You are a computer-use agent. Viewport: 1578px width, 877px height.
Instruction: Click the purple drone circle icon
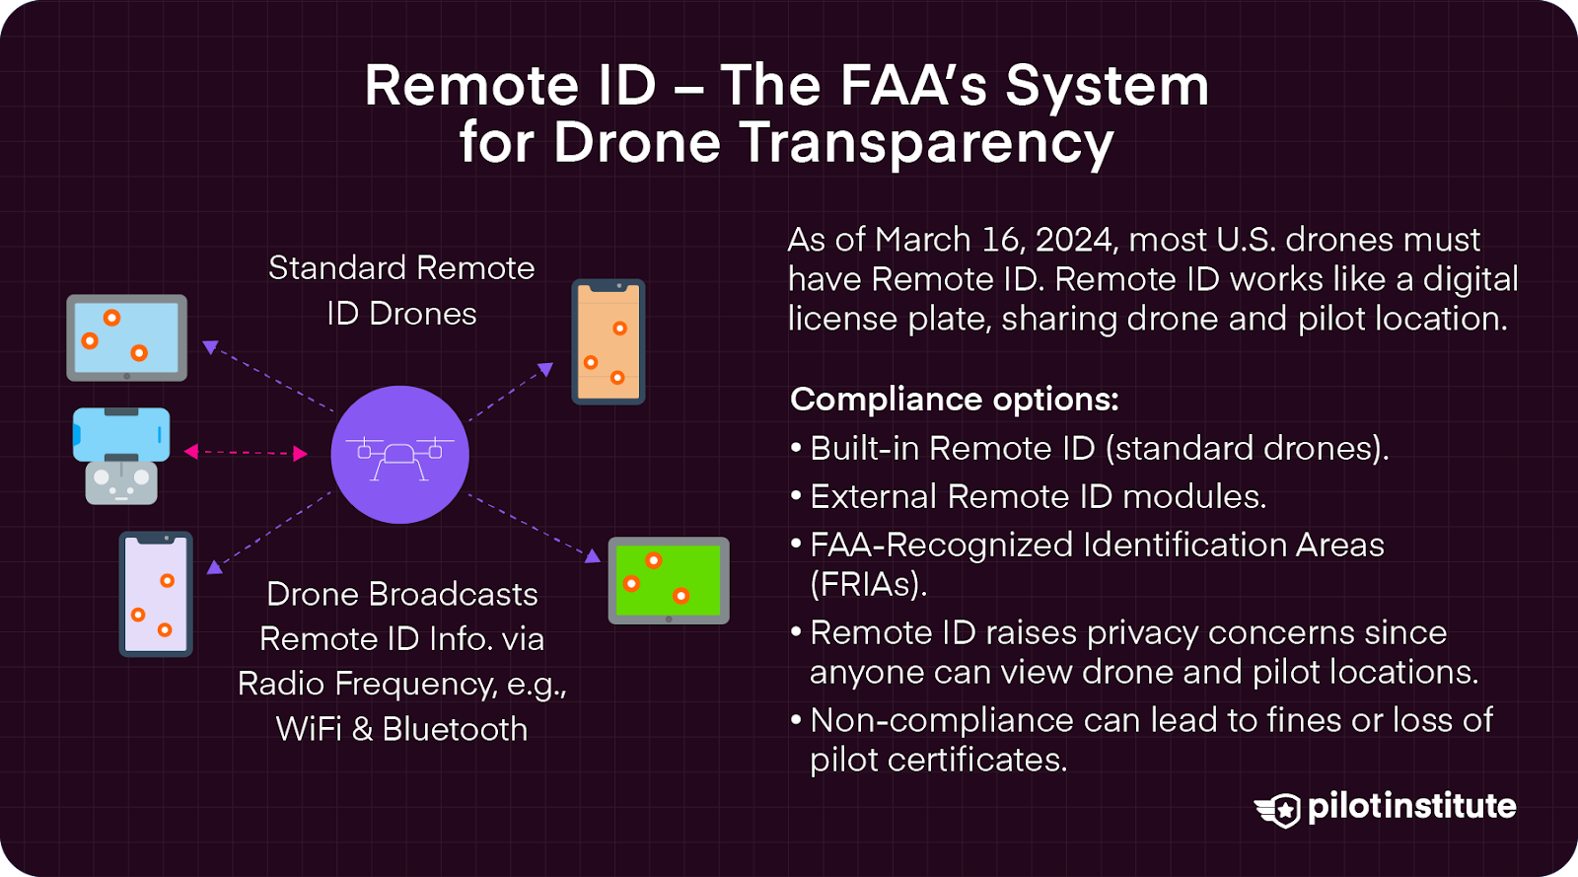tap(399, 454)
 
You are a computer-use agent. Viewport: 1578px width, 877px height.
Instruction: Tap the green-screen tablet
tap(669, 580)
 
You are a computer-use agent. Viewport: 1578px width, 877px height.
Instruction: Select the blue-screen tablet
tap(127, 337)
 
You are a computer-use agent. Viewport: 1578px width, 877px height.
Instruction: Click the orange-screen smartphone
tap(609, 341)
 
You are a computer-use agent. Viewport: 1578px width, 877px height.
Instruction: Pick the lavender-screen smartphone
tap(156, 594)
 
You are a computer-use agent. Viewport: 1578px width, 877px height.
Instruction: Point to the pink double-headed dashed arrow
tap(246, 453)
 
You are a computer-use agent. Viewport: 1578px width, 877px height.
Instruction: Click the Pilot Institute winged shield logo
tap(1278, 809)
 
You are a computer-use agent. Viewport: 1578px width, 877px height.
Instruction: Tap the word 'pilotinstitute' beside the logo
tap(1411, 806)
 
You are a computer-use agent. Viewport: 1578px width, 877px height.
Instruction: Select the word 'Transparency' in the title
tap(926, 143)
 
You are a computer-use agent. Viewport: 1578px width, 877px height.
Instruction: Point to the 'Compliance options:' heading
tap(955, 400)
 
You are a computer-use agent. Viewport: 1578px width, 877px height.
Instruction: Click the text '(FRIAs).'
tap(868, 584)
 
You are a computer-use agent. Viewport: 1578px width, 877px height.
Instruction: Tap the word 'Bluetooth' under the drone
tap(455, 729)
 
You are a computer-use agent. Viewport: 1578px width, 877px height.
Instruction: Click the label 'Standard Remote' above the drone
tap(401, 268)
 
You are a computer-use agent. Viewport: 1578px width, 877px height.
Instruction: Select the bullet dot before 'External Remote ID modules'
tap(796, 496)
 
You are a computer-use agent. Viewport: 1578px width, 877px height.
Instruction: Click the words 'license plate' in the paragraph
tap(889, 319)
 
